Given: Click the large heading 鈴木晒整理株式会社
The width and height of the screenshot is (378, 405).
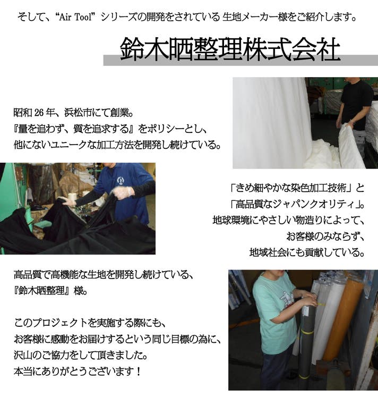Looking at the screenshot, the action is pos(230,49).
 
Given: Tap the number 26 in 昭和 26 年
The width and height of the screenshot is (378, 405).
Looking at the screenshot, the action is pos(39,113).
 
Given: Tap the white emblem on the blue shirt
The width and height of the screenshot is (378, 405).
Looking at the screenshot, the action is pos(120,180).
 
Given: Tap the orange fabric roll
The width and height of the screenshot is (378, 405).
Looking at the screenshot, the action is pos(343,321).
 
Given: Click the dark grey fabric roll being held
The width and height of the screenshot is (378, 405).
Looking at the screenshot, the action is pos(307,341).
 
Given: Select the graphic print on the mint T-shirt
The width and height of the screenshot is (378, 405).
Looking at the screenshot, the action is pos(287,298).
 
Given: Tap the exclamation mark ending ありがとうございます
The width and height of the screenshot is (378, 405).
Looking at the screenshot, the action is pos(138,371).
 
